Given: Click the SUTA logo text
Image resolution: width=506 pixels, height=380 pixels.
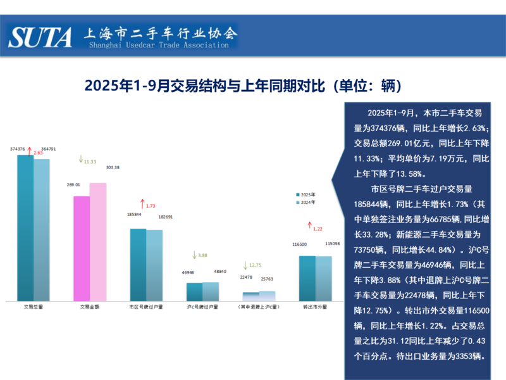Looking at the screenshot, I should (40, 36).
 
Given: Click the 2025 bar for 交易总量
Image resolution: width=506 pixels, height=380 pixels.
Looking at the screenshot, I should (25, 228).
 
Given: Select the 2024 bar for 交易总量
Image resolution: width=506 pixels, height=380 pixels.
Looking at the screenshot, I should (42, 230).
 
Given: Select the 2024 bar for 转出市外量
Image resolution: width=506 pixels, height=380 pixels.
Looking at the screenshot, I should (323, 278).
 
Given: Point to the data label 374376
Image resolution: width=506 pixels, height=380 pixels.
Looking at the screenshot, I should (17, 149).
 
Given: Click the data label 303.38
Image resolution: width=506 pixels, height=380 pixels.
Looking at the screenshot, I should (113, 167).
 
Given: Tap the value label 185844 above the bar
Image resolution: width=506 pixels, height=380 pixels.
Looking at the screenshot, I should (134, 214).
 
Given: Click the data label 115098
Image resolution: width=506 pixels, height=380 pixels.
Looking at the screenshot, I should (333, 243).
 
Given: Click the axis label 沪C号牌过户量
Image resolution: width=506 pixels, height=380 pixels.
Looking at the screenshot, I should (202, 307).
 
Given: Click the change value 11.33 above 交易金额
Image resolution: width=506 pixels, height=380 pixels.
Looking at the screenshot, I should (90, 161).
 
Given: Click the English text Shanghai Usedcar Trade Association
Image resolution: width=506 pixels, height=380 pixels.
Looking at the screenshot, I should (159, 45).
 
